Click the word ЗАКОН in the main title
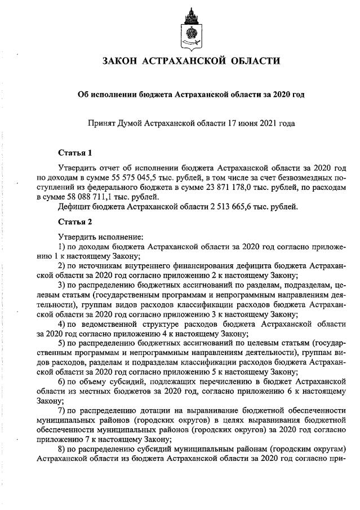coord(121,61)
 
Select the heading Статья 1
coord(75,152)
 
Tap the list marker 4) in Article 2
coord(63,325)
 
